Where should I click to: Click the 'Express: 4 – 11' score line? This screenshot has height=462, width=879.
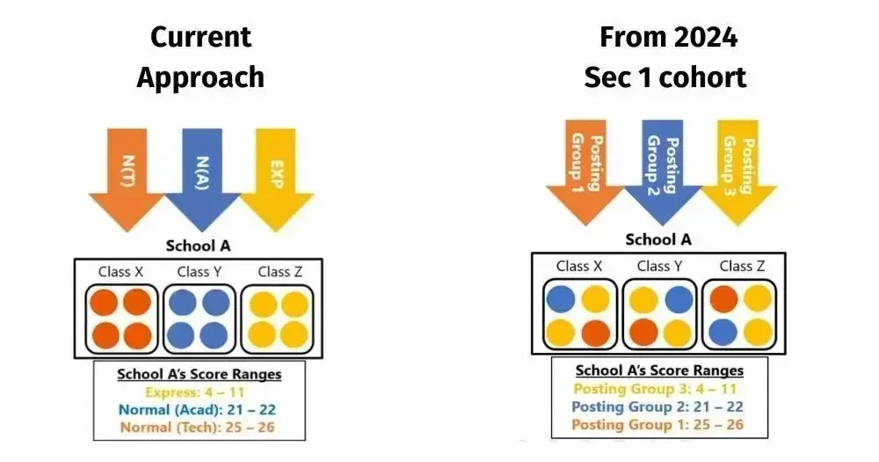(x=195, y=392)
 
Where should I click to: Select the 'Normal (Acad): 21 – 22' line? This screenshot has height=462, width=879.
(x=197, y=410)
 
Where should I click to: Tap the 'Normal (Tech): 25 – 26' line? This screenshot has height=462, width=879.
(x=197, y=427)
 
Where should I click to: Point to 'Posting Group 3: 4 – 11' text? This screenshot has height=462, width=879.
(x=655, y=388)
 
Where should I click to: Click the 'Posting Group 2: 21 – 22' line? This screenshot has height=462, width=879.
(x=657, y=407)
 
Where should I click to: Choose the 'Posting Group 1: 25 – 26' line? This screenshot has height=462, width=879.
(x=657, y=424)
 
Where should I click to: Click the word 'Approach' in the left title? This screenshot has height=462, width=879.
(x=200, y=78)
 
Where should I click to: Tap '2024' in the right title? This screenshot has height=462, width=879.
(x=706, y=38)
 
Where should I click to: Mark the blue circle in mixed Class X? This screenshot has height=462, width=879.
(x=561, y=298)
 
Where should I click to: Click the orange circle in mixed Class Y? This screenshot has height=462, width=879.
(x=643, y=333)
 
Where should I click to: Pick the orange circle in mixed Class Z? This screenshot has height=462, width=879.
(x=723, y=298)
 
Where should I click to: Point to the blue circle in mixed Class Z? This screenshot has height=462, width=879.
(x=723, y=333)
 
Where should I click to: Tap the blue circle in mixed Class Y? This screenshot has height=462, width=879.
(x=679, y=298)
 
